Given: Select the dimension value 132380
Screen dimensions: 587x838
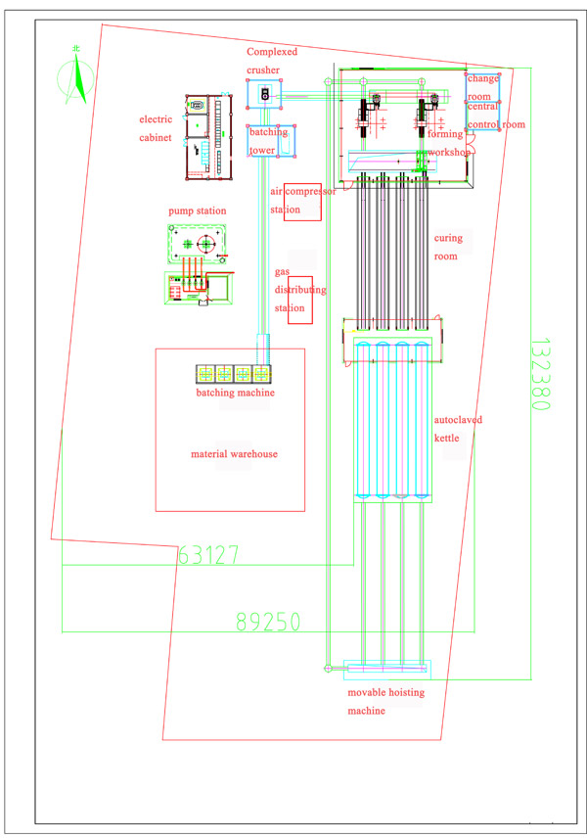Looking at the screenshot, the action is coord(540,374).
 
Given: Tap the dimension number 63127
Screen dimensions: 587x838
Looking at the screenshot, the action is coord(208,555).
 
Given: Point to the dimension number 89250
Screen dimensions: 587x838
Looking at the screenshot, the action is coord(268,622).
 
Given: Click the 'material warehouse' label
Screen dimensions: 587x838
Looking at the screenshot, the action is coord(234,453).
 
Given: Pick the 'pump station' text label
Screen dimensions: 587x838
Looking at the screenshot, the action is coord(197,210).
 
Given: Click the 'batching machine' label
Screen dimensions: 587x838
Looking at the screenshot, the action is coord(235,393).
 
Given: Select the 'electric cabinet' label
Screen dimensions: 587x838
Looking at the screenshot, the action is coord(156,128).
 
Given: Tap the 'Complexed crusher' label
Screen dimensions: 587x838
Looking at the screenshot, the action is coord(272,61).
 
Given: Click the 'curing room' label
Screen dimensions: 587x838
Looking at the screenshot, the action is coord(448,247).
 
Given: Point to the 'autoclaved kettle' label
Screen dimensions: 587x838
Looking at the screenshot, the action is coord(458,429).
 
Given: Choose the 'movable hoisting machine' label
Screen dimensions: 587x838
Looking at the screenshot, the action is coord(385,701).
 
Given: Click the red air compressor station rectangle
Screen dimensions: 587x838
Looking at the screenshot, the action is coord(302,202).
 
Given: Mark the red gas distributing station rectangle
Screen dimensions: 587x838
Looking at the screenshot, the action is coord(300,300).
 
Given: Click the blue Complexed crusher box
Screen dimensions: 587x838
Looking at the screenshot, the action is coord(264,94).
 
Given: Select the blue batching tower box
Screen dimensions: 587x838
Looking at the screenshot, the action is coord(271,141).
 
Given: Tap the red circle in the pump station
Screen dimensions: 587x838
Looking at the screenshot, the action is coord(205,244).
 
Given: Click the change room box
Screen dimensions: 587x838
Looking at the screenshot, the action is coord(482,88).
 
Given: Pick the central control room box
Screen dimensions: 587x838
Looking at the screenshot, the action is coord(482,116).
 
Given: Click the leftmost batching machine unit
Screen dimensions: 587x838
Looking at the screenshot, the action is coord(205,374).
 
